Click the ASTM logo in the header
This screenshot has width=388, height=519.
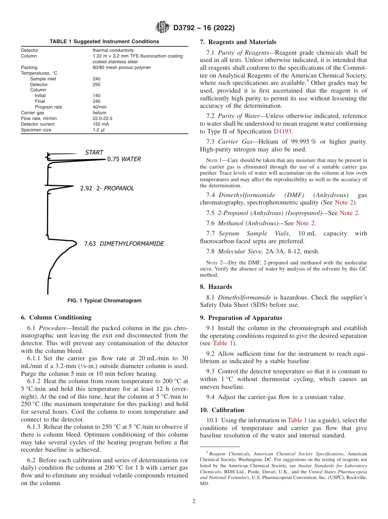(162, 28)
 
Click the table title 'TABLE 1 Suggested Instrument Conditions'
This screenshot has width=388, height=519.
(104, 42)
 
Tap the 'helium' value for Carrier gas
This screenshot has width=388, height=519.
(99, 113)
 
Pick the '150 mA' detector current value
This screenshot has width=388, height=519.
(101, 124)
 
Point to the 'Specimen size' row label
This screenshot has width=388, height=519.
(36, 130)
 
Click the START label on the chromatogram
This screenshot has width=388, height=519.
(94, 153)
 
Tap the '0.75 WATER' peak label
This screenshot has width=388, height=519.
(124, 159)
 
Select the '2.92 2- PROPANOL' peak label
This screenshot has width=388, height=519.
(107, 189)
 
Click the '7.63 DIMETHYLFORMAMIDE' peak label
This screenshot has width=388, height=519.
(124, 244)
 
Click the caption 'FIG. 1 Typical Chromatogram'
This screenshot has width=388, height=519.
(104, 301)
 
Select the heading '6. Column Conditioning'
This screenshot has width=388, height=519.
(56, 317)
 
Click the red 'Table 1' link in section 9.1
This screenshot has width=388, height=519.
(223, 343)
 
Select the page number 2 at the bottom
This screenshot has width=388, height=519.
(194, 501)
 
